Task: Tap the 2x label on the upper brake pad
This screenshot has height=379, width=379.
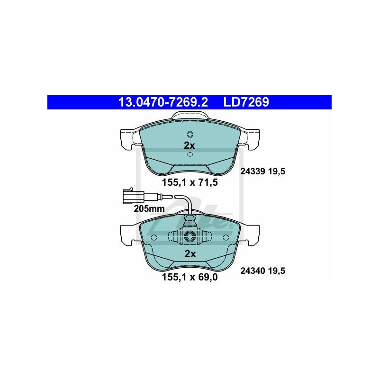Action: pyautogui.click(x=189, y=145)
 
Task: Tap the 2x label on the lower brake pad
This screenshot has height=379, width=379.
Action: pyautogui.click(x=190, y=254)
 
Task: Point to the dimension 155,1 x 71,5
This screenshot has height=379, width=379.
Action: pyautogui.click(x=190, y=181)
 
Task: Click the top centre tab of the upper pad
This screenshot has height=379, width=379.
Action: pyautogui.click(x=189, y=116)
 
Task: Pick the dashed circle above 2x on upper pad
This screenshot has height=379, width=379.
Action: pyautogui.click(x=189, y=133)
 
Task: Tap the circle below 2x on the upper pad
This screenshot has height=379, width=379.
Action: pyautogui.click(x=189, y=155)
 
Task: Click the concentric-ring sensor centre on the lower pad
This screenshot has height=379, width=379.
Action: pyautogui.click(x=189, y=236)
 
